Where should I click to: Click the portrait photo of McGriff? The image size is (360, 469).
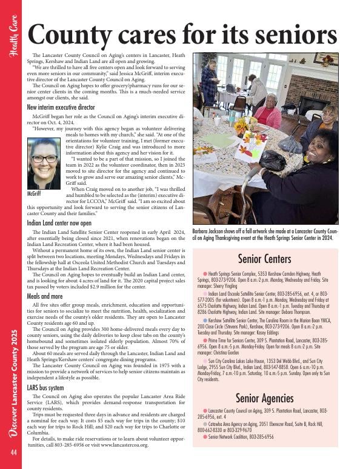44,163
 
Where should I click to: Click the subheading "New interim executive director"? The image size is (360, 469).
61,107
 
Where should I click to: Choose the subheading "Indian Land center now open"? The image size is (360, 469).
59,223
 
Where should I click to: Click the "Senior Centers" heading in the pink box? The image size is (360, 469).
265,259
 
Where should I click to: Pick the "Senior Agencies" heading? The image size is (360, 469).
265,398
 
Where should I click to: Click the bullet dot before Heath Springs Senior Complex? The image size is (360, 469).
205,274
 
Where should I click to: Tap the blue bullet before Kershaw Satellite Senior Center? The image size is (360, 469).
205,319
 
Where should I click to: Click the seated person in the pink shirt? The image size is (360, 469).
266,111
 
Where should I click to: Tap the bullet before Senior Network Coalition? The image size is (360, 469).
205,436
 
